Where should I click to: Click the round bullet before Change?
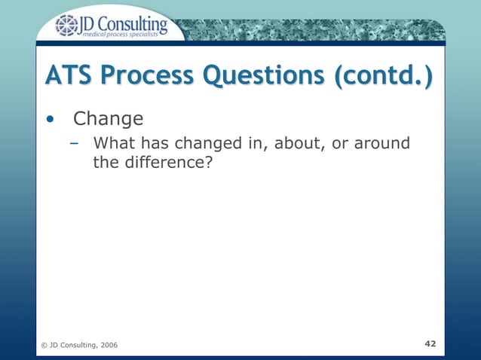click(x=51, y=119)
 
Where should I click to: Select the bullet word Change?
click(x=108, y=119)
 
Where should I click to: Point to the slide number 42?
click(x=430, y=343)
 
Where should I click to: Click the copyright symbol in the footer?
click(x=44, y=345)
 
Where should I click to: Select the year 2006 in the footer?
click(x=106, y=345)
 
